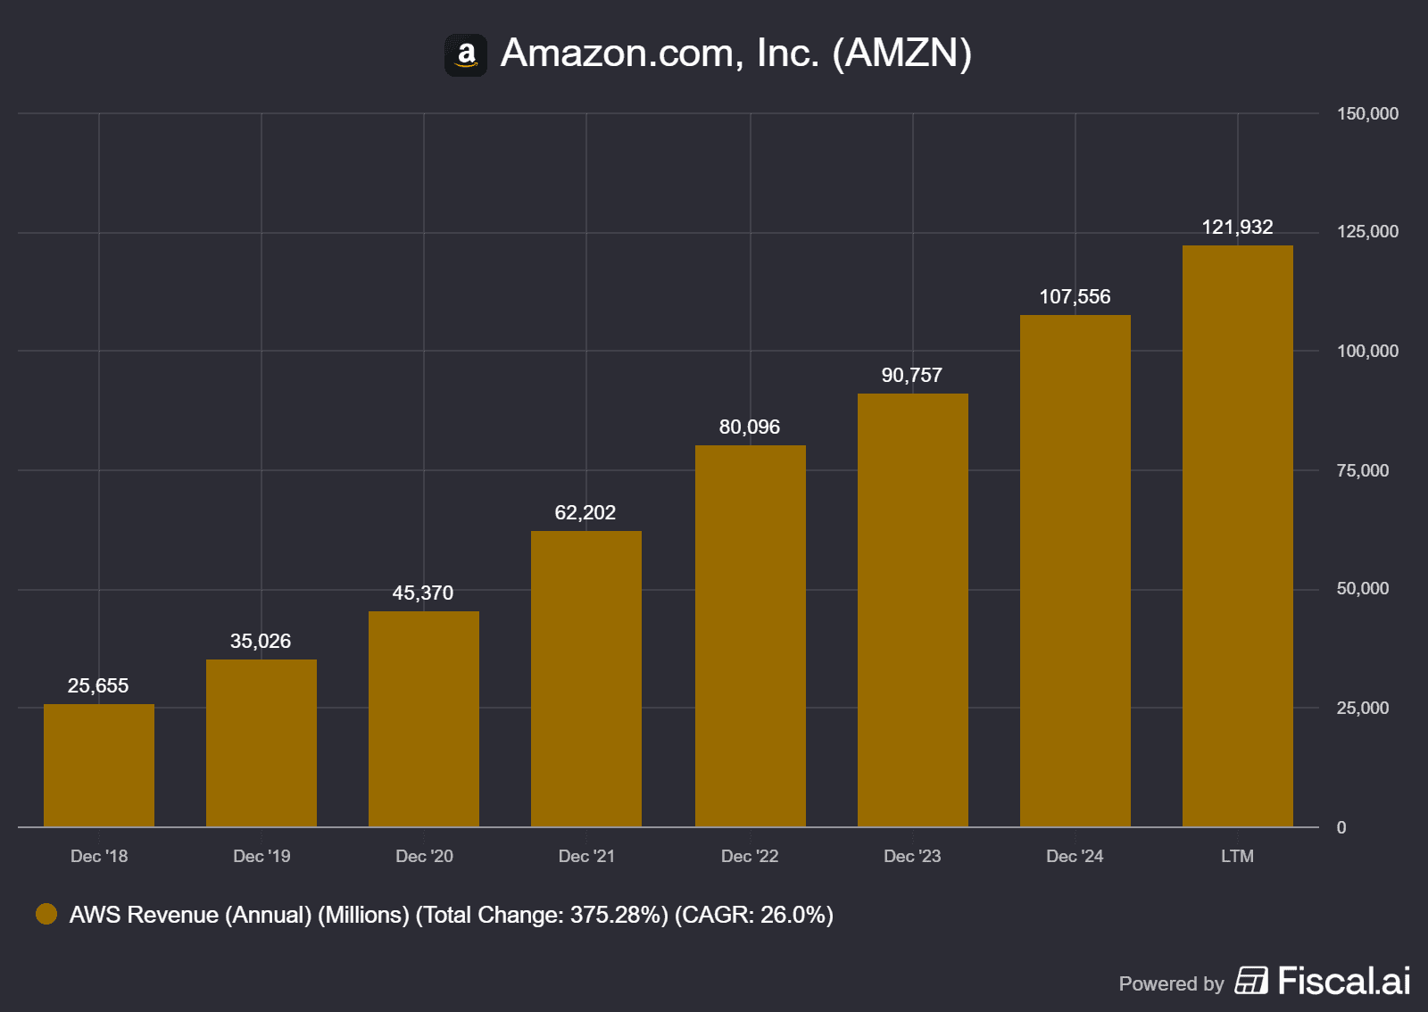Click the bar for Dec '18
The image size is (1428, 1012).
[99, 765]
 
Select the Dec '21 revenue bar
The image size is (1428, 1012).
[586, 678]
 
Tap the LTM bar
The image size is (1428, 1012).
[1237, 535]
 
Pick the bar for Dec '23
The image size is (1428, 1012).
[912, 610]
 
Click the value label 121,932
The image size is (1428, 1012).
[1237, 228]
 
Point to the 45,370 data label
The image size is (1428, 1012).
[423, 593]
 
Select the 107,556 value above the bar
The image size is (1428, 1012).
[1075, 297]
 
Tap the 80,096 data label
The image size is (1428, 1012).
[750, 427]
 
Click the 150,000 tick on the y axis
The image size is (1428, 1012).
[1367, 114]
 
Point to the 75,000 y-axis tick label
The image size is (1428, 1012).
[1363, 471]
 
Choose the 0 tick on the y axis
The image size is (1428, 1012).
[1341, 828]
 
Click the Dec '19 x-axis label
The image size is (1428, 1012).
[262, 857]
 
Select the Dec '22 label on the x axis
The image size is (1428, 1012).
[750, 857]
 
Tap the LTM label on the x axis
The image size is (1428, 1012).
[1237, 857]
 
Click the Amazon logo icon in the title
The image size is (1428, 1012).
[466, 55]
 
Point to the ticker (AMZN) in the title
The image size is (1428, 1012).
[901, 54]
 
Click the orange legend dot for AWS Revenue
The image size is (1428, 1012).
[46, 914]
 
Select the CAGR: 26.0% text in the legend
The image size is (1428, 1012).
[754, 916]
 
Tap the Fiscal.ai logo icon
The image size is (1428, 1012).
[1251, 981]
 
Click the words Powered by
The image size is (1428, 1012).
[1171, 984]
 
